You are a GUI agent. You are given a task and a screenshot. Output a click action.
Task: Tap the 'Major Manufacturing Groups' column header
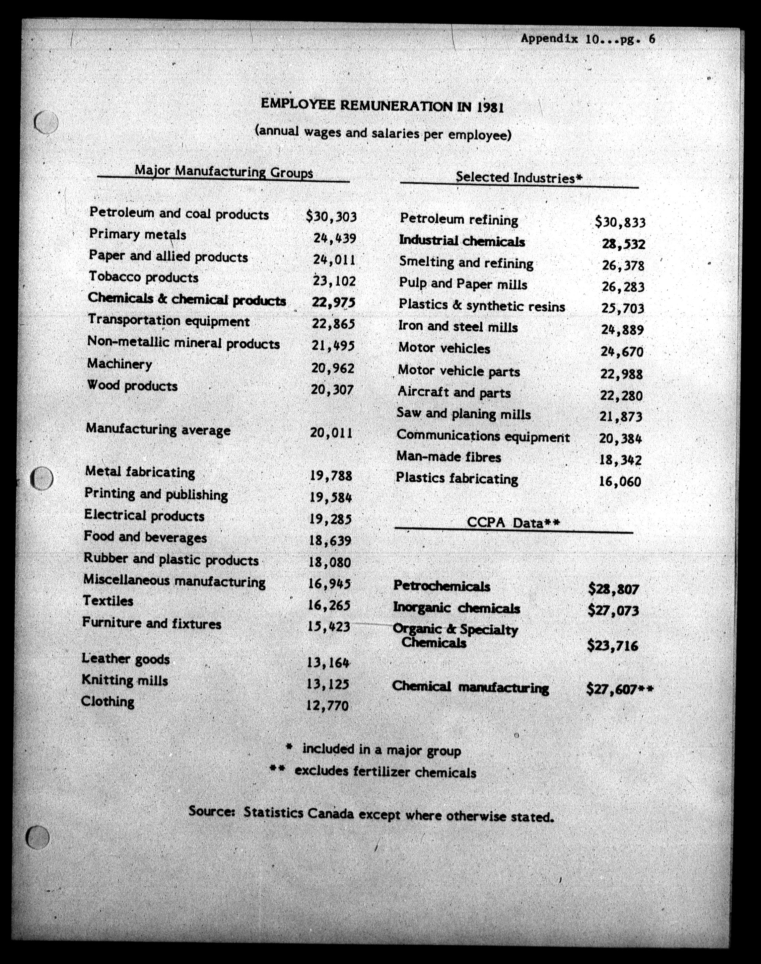(x=224, y=171)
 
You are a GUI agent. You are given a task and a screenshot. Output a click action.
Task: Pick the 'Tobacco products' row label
(x=143, y=277)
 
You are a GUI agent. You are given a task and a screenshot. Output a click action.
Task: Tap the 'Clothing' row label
(x=108, y=701)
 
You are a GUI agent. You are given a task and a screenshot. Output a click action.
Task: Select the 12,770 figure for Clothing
(x=328, y=705)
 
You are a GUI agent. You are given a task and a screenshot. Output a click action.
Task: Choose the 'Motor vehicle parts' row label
(x=459, y=371)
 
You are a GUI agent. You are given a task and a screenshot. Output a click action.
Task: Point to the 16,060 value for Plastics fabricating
(x=620, y=481)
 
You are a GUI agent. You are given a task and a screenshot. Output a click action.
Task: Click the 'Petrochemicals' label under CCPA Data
(x=441, y=586)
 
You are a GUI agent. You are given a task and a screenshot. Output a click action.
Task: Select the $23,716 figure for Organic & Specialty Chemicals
(x=613, y=645)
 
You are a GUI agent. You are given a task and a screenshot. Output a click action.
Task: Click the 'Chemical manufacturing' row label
(x=471, y=687)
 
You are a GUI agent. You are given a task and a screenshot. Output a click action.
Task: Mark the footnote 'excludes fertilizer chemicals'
(x=386, y=771)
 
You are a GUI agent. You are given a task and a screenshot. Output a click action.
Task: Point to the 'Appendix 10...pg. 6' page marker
(x=588, y=39)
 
